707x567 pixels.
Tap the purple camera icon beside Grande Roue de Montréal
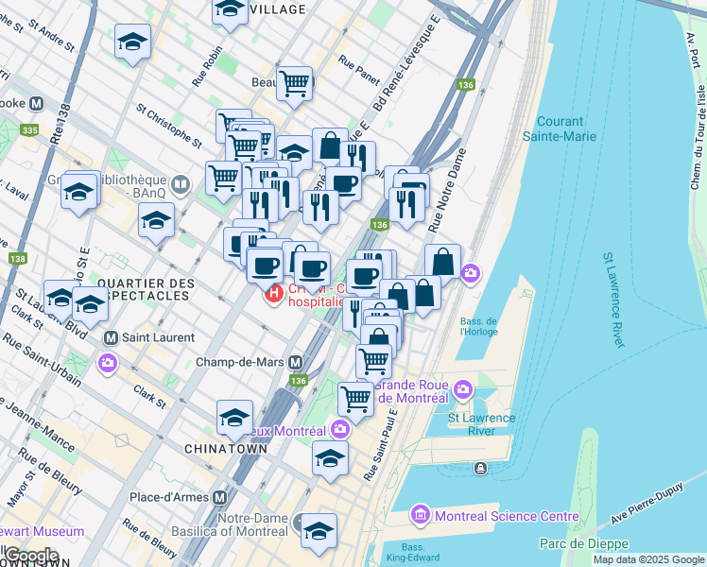[463, 388]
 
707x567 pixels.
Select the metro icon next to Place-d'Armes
[220, 497]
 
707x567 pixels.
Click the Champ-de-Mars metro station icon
[296, 362]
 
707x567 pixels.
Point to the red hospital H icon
[274, 294]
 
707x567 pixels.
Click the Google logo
[30, 556]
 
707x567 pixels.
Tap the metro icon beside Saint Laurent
[111, 337]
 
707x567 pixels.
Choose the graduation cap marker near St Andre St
[133, 42]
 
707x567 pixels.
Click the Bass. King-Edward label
[412, 552]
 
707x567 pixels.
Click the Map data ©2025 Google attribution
[648, 559]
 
